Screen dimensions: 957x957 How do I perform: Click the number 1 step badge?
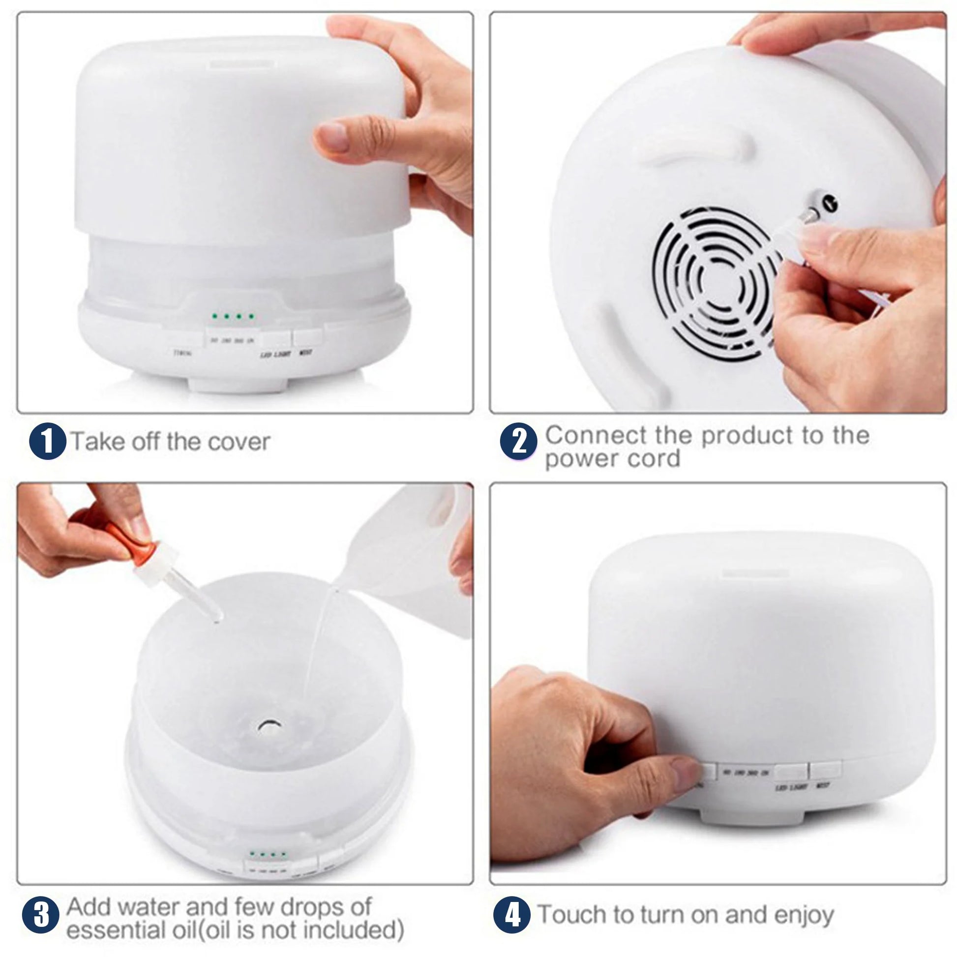[48, 441]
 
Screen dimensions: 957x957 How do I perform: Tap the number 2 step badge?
[518, 441]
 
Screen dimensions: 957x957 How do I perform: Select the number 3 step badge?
[41, 914]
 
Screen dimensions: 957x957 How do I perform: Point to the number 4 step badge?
[512, 914]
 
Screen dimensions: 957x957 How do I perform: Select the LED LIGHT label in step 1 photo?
[275, 355]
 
